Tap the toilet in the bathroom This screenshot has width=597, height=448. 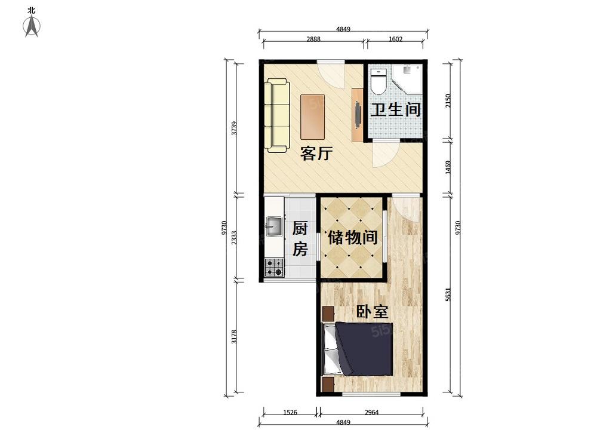(x=378, y=81)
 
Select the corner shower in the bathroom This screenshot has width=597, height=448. (x=408, y=79)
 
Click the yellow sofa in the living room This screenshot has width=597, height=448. (x=277, y=115)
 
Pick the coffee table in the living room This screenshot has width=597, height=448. (x=313, y=117)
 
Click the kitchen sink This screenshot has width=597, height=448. (x=274, y=226)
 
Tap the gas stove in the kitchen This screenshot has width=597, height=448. (x=275, y=267)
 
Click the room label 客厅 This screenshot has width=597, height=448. (x=316, y=154)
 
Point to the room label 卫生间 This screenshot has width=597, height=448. (x=396, y=110)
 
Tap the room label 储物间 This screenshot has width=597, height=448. (x=353, y=238)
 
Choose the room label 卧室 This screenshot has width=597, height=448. (x=372, y=312)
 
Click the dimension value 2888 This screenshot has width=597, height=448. (x=313, y=39)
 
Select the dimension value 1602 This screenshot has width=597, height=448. (x=396, y=39)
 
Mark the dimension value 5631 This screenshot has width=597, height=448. (x=448, y=294)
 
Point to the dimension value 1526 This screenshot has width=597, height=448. (x=290, y=412)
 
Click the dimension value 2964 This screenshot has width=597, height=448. (x=371, y=412)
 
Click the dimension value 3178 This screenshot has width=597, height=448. (x=234, y=337)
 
